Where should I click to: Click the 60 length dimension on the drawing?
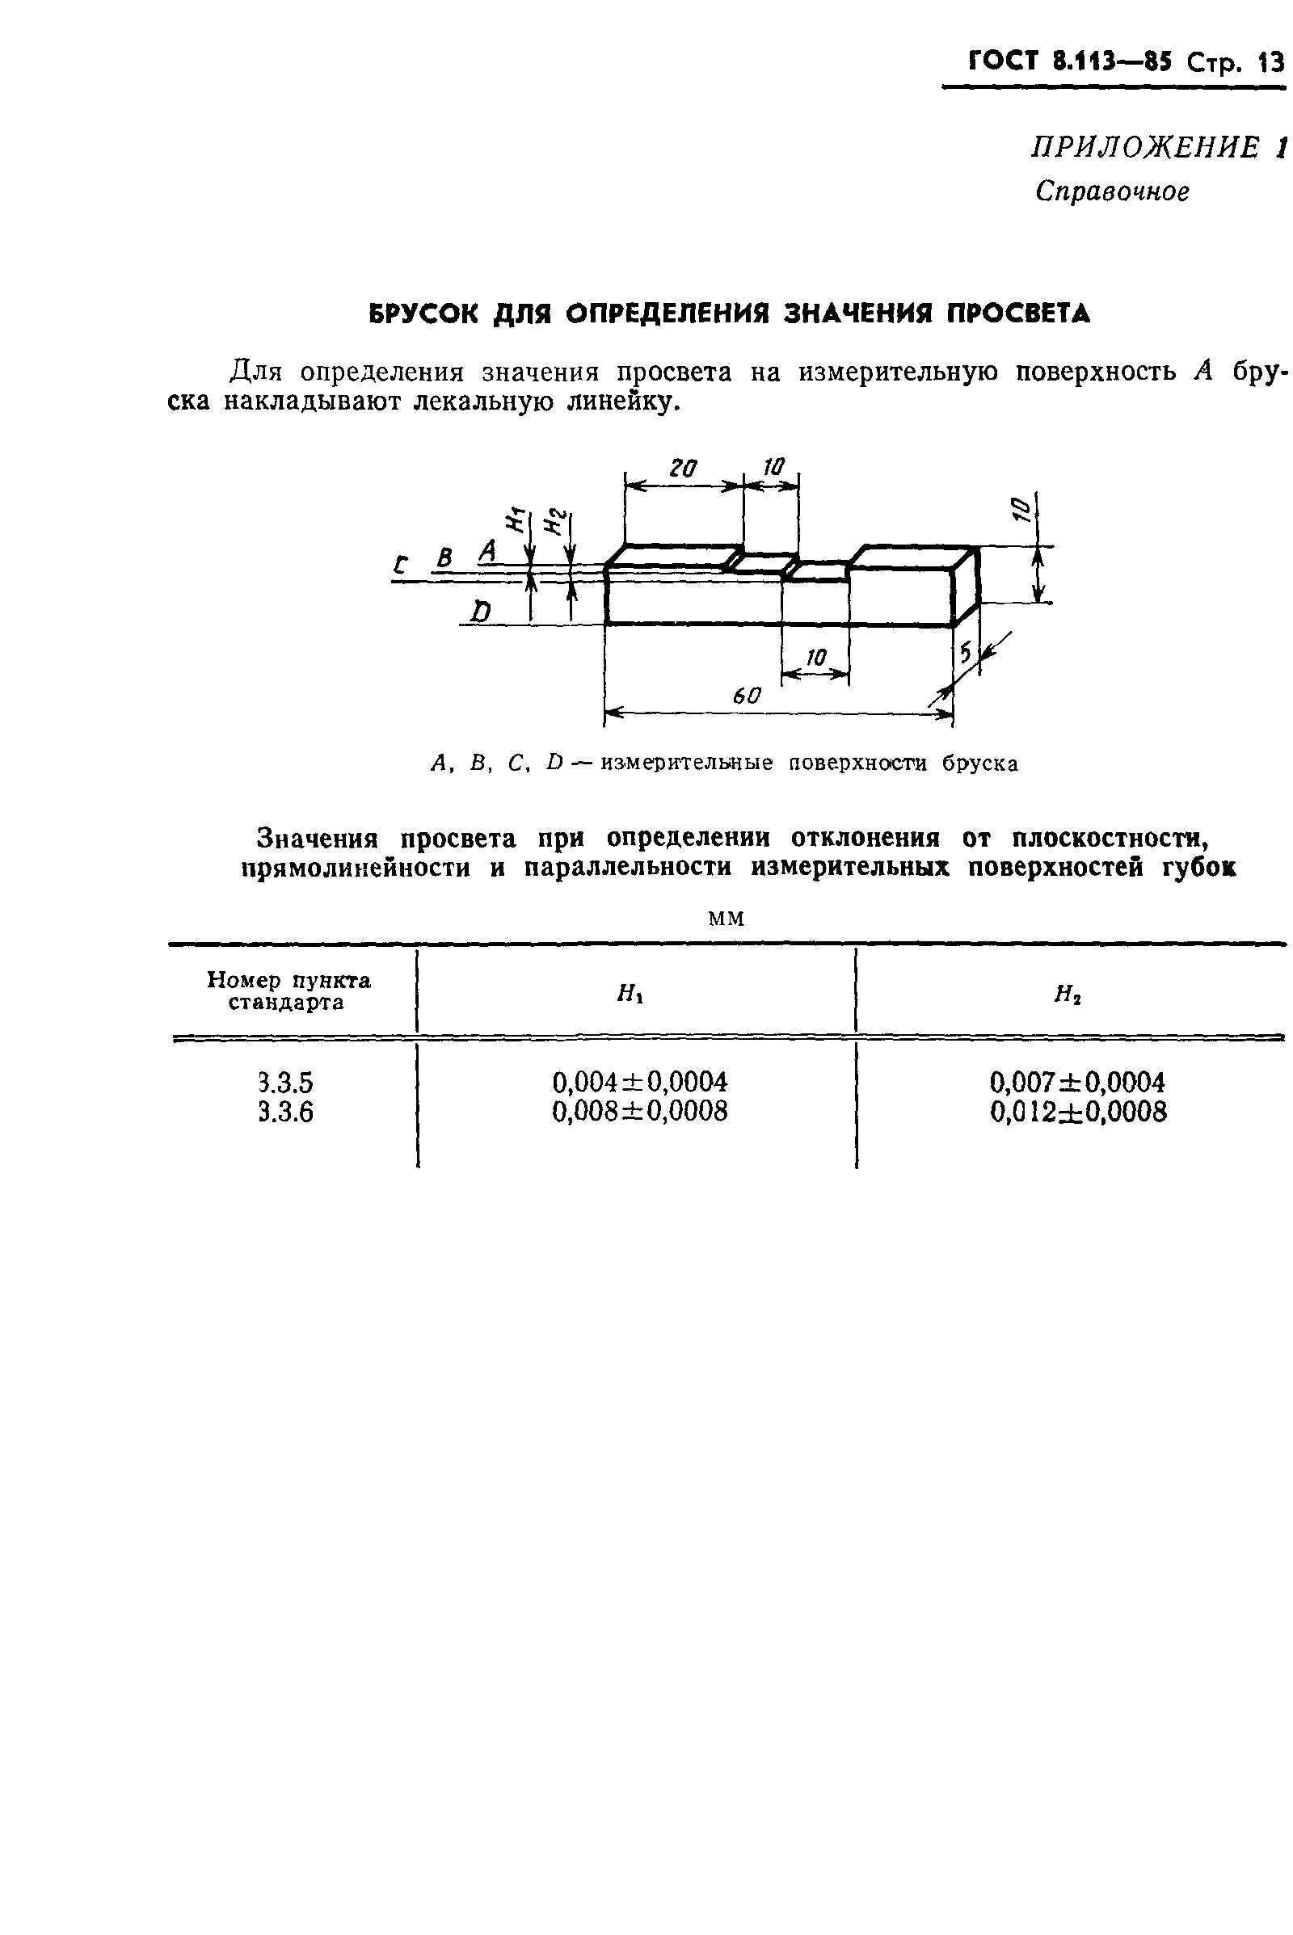(746, 696)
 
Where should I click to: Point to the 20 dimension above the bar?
(683, 469)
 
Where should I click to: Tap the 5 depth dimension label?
(966, 654)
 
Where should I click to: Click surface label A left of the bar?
(488, 551)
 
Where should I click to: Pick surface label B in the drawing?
(444, 558)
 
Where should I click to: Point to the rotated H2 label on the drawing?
(558, 522)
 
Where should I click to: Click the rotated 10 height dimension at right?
(1020, 508)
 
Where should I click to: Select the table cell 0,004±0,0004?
(639, 1082)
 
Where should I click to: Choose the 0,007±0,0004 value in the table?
(1077, 1082)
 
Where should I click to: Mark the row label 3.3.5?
(285, 1082)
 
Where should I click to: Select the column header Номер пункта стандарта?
(289, 991)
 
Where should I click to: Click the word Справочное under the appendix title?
(1113, 191)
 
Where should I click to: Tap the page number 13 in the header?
(1270, 63)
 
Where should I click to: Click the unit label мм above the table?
(726, 919)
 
